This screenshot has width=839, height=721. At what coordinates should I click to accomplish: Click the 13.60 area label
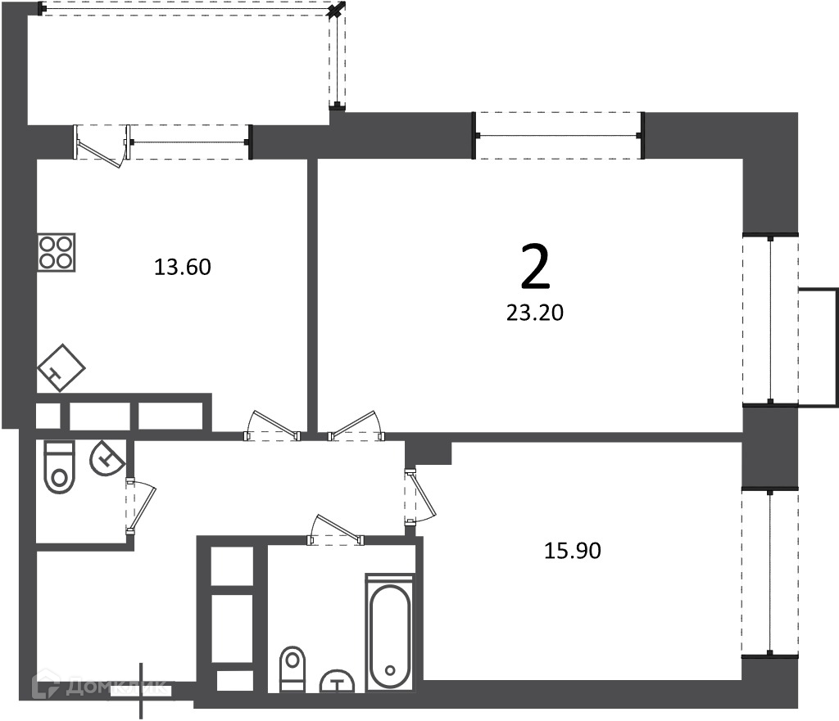coord(183,267)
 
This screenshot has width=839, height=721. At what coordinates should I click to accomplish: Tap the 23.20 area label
coord(535,313)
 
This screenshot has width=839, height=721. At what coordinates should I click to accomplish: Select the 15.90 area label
coord(573,551)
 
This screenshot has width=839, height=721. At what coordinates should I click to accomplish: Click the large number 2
coord(535,266)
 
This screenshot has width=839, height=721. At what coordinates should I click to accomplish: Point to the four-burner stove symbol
coord(57,252)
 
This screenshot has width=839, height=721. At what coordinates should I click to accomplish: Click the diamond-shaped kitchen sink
coord(61,367)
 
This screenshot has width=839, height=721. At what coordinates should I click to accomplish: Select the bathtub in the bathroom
coord(389,633)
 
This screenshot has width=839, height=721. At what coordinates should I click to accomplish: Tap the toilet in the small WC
coord(59,466)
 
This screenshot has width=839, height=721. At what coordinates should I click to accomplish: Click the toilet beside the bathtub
coord(293,669)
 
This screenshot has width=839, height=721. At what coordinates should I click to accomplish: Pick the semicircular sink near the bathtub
coord(337,682)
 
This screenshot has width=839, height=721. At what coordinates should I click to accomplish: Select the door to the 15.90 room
coord(420,497)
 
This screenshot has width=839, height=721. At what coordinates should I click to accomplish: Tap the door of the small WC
coord(141,506)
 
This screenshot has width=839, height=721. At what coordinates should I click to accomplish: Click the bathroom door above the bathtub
coord(335,530)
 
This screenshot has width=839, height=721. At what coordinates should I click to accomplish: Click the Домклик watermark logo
coord(99,687)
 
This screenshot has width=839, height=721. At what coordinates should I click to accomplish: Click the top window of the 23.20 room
coord(558,136)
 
